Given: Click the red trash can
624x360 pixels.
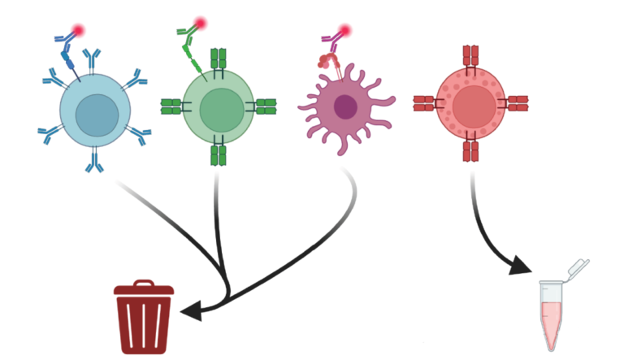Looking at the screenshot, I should tap(144, 319).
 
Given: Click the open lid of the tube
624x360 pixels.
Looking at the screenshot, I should tap(578, 267).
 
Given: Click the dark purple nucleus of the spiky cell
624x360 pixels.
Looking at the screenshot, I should tap(345, 106).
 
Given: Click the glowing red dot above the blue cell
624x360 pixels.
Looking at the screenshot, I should tap(78, 31).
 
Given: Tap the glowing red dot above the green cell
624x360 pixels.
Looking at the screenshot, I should tap(201, 24).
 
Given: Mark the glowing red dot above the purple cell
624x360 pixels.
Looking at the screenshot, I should tap(344, 31).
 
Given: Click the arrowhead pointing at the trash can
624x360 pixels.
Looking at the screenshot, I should tap(190, 310).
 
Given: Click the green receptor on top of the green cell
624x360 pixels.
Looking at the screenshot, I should tap(219, 59).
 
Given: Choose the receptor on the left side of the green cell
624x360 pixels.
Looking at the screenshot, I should tap(171, 106).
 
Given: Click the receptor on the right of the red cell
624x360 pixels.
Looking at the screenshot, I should tap(518, 103).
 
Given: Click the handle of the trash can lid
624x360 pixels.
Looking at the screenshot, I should tap(144, 284).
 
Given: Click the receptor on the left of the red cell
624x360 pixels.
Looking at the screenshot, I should tap(424, 103).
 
